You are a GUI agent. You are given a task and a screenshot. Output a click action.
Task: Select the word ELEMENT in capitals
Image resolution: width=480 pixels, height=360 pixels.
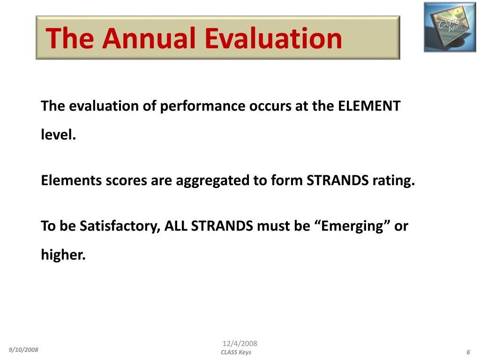point(369,106)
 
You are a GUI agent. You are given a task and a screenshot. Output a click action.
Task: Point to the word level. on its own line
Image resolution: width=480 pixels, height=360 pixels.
point(58,135)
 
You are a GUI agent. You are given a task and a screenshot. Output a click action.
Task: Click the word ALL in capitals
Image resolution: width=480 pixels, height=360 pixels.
point(175,226)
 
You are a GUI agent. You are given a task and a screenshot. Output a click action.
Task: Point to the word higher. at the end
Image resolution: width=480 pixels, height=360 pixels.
point(63,255)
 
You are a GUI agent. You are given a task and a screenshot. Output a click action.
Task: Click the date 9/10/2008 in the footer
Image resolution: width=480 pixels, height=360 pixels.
point(23,350)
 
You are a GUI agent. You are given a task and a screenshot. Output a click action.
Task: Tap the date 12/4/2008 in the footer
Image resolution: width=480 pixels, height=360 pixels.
point(240,344)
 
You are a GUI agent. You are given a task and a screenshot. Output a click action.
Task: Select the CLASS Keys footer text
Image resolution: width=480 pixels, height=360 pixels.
point(236,352)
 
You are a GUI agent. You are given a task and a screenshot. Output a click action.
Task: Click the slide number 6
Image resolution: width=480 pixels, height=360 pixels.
point(468,352)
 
